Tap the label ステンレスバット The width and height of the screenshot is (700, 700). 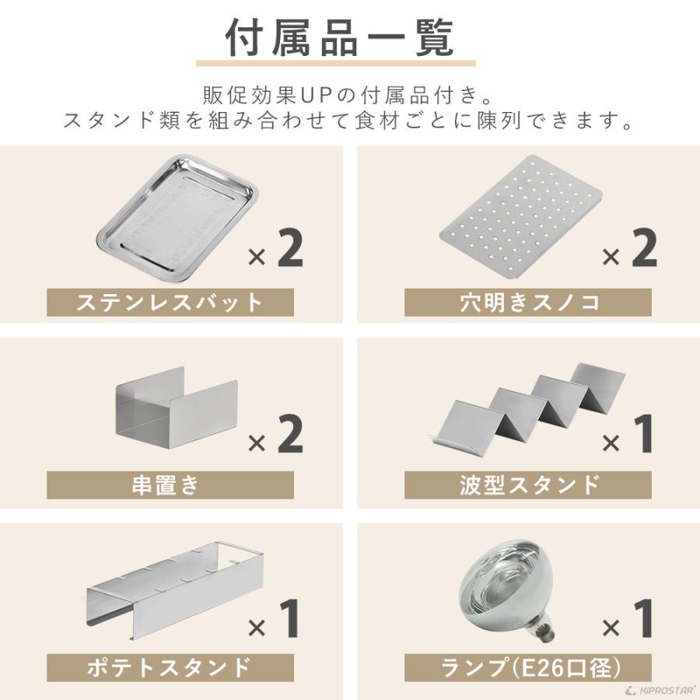click(x=170, y=303)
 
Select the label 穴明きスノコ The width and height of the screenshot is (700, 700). click(x=528, y=303)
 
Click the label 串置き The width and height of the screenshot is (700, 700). click(x=170, y=485)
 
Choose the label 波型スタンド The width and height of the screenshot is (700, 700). click(x=528, y=485)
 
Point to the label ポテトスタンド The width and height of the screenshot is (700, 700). click(x=170, y=667)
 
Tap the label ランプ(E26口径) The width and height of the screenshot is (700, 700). click(x=528, y=667)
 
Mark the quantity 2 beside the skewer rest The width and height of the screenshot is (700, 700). click(x=289, y=435)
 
